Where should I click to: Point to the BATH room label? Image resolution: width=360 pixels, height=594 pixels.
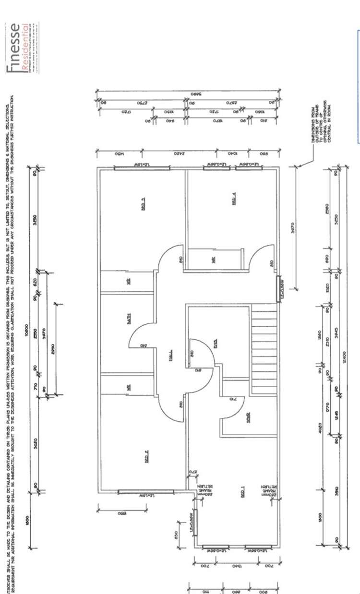[x=129, y=317]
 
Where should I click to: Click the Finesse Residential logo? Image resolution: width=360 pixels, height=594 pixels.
[x=23, y=48]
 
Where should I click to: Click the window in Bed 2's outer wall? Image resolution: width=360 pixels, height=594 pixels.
[x=146, y=491]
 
